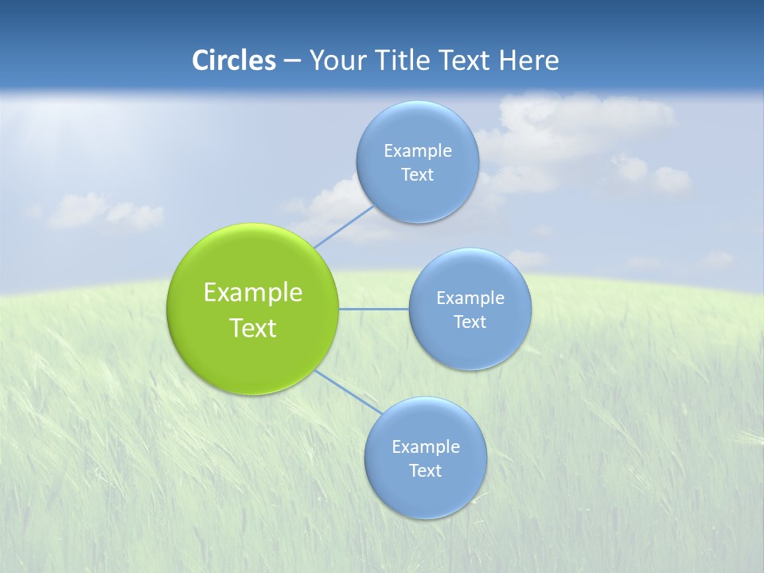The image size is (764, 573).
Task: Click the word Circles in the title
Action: click(x=233, y=60)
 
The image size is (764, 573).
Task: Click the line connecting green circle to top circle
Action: click(x=344, y=226)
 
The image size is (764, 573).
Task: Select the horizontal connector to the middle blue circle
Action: click(x=373, y=309)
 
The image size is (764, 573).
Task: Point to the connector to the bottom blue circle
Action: click(x=347, y=392)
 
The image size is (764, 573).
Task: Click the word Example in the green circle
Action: click(x=252, y=293)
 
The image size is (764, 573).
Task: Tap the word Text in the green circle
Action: click(x=252, y=328)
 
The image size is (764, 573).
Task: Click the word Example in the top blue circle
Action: click(x=417, y=150)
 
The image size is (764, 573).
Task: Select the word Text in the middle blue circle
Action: click(x=470, y=322)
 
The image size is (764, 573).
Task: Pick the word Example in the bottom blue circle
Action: click(x=425, y=446)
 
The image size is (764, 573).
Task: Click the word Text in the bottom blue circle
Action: click(x=425, y=470)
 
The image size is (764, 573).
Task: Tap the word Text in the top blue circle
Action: click(x=417, y=174)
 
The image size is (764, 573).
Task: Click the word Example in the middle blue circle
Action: click(x=470, y=298)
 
